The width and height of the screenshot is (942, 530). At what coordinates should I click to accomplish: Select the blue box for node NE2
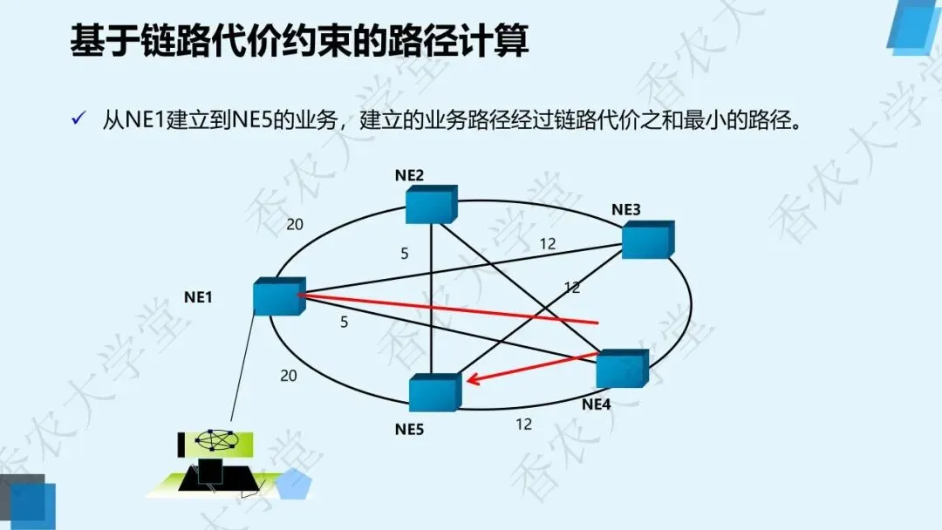point(431,203)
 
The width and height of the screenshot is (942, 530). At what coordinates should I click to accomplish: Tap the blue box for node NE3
point(647,239)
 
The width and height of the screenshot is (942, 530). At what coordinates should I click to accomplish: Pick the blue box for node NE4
point(622,368)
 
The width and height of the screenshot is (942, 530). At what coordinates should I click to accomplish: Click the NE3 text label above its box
point(626,209)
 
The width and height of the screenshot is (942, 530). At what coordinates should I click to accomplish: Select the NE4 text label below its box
point(597,404)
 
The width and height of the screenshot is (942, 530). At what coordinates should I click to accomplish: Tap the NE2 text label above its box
point(409,175)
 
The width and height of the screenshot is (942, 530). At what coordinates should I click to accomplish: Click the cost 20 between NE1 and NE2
point(295,225)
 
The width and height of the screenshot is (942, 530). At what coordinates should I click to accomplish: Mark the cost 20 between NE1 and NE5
point(288,376)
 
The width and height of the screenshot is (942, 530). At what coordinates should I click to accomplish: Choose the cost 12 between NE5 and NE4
point(523,425)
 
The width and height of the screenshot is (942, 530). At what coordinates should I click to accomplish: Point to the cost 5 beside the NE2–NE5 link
point(404,254)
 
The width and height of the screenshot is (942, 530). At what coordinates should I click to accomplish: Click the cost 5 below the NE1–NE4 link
point(344,322)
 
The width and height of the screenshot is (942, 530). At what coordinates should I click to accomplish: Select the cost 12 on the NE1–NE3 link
point(547,244)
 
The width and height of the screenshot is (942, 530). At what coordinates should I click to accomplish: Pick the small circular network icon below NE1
point(216,441)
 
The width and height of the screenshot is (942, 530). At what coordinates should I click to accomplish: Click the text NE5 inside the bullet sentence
point(251,120)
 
